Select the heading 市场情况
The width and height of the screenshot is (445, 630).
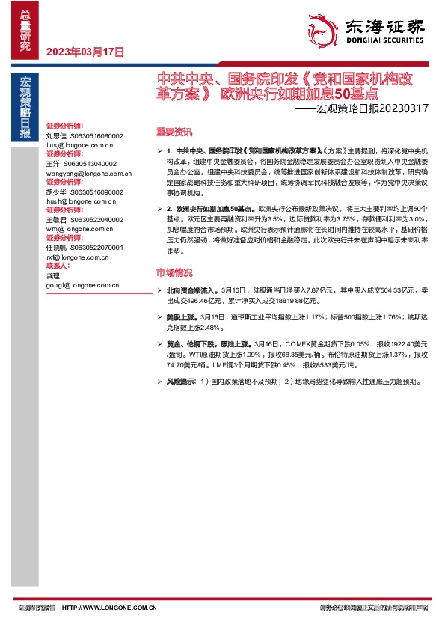tap(174, 272)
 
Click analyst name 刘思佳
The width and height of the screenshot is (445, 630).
tap(56, 136)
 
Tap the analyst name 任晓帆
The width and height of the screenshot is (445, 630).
tap(56, 248)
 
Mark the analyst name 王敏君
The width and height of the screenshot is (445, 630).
tap(56, 219)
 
